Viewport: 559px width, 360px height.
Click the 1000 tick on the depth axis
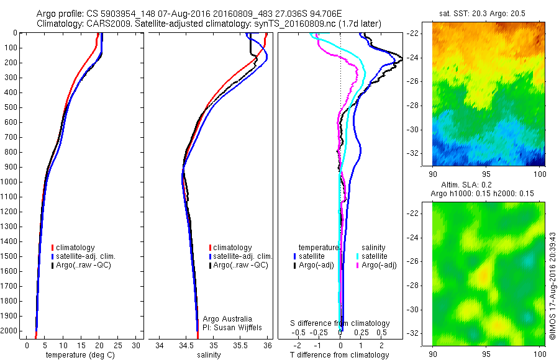click(10, 182)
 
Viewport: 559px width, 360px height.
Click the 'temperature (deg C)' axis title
click(75, 355)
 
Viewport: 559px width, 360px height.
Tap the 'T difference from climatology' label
click(340, 355)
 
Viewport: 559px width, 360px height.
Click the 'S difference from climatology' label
click(340, 323)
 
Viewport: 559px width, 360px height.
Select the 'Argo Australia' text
click(228, 318)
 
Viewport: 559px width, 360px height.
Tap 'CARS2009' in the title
click(103, 23)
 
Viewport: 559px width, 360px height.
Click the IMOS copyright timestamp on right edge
click(552, 286)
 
